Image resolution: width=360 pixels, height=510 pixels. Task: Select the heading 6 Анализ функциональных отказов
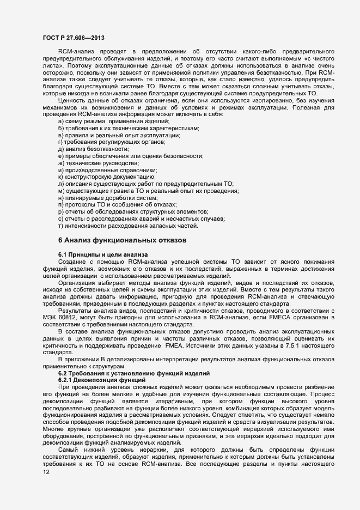click(122, 240)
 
